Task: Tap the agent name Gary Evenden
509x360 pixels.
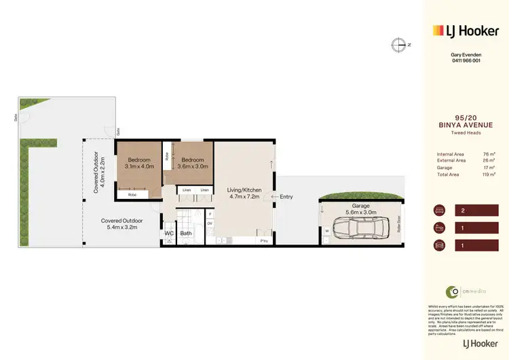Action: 466,54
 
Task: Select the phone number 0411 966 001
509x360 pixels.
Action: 466,60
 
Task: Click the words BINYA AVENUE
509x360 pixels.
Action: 466,125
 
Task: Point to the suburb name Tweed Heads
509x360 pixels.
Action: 466,133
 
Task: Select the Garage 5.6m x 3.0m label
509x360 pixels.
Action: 360,209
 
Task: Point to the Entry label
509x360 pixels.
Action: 286,197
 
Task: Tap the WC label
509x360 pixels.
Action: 169,233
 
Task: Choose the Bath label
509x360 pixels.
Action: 186,233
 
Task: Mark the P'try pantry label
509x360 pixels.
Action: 263,240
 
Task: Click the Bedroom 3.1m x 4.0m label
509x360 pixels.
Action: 139,162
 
